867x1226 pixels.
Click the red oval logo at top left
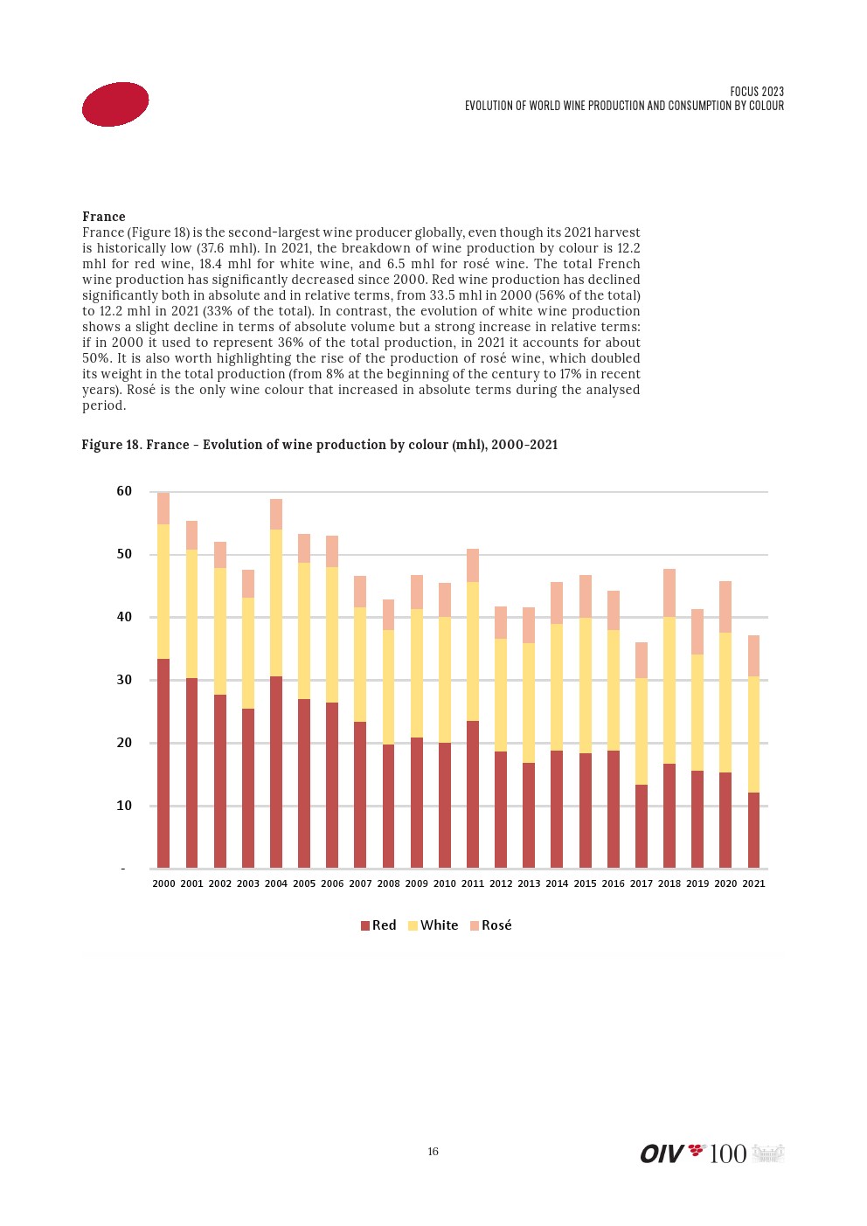pyautogui.click(x=115, y=104)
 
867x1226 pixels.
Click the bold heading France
pyautogui.click(x=104, y=217)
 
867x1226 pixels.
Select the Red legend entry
pyautogui.click(x=378, y=925)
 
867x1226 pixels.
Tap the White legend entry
pyautogui.click(x=433, y=925)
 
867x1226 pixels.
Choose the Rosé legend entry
pyautogui.click(x=491, y=925)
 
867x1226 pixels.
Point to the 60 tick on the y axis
pyautogui.click(x=124, y=492)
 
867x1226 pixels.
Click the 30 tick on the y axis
pyautogui.click(x=124, y=680)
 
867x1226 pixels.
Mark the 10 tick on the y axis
pyautogui.click(x=124, y=806)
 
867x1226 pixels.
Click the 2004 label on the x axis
pyautogui.click(x=276, y=883)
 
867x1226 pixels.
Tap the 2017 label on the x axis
pyautogui.click(x=642, y=883)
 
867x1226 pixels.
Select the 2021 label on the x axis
pyautogui.click(x=753, y=883)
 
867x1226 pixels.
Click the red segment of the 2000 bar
pyautogui.click(x=163, y=763)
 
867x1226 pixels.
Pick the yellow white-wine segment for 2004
pyautogui.click(x=276, y=603)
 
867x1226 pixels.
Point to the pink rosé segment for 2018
pyautogui.click(x=669, y=592)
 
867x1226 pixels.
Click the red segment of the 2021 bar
pyautogui.click(x=753, y=830)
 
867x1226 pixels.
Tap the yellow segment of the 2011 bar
pyautogui.click(x=473, y=651)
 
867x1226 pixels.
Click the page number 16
pyautogui.click(x=433, y=1152)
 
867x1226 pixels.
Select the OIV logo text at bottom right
pyautogui.click(x=662, y=1154)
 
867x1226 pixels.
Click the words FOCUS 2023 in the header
pyautogui.click(x=757, y=92)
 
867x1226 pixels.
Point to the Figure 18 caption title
pyautogui.click(x=319, y=445)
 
